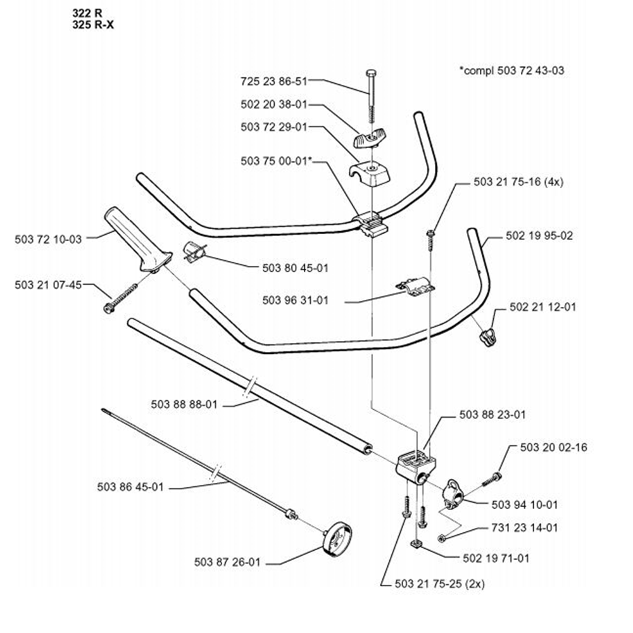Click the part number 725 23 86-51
coord(273,81)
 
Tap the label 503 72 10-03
coord(48,239)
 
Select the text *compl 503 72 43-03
coord(511,70)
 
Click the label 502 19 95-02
coord(539,236)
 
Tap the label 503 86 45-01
coord(131,487)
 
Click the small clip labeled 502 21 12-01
coord(486,337)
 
